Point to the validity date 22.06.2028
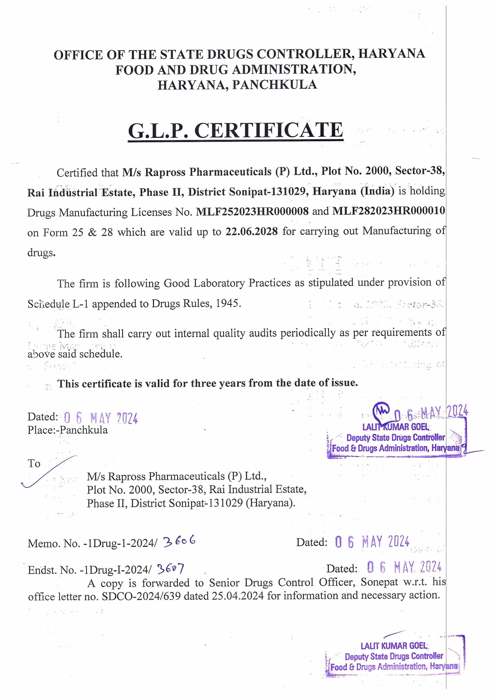251,231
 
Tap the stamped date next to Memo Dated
372,542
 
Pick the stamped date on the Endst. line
404,567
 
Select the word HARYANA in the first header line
392,54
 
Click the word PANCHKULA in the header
275,85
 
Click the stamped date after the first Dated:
101,418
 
